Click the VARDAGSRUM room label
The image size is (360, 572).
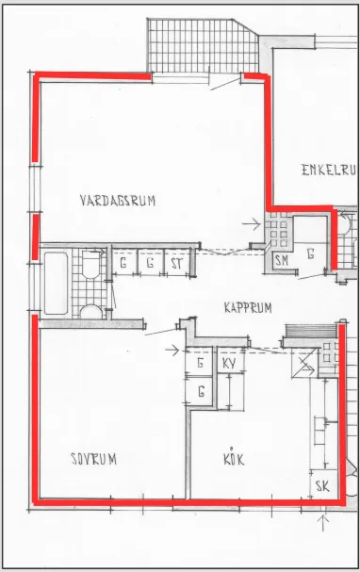[118, 201]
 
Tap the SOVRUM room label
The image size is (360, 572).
[93, 459]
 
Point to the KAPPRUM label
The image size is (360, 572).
[248, 307]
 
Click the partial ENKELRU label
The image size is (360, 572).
[329, 170]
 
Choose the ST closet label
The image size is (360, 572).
[176, 263]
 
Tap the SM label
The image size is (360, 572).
[282, 260]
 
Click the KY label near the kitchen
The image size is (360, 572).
[229, 364]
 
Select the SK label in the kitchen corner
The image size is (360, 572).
[322, 486]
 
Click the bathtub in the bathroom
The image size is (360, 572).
[56, 283]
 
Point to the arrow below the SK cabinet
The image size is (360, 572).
[323, 522]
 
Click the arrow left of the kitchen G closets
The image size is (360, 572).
[172, 351]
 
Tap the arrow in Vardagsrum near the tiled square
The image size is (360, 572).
[252, 224]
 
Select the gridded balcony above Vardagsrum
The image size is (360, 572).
[203, 45]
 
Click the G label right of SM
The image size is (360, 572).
[310, 253]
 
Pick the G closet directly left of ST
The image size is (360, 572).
[150, 263]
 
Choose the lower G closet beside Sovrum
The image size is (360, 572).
[199, 391]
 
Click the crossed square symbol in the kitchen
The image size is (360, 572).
[303, 364]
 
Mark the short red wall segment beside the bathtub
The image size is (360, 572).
[35, 237]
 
